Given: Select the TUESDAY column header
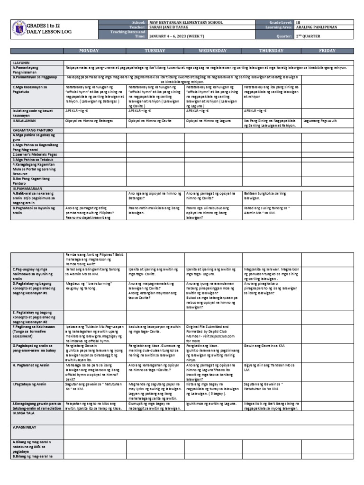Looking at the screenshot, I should [x=155, y=51].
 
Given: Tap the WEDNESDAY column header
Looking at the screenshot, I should [x=213, y=51].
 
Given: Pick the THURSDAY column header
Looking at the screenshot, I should [x=272, y=51].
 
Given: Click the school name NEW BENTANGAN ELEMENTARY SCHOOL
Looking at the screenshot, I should [x=185, y=22].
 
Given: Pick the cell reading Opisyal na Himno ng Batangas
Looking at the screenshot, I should [x=89, y=121].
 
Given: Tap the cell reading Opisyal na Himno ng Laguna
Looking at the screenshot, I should [x=209, y=121].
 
